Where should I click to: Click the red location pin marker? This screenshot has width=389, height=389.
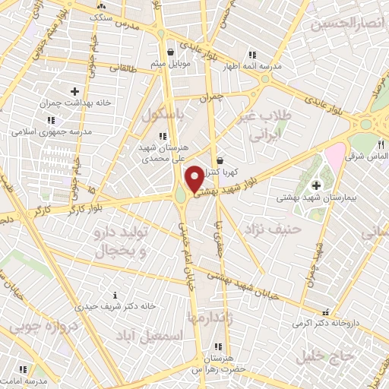[x=194, y=178]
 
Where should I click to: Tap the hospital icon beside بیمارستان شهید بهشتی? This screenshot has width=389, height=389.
[x=315, y=185]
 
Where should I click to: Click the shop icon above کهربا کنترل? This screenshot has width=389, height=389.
[x=220, y=160]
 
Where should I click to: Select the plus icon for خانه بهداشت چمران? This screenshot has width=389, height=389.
[x=74, y=91]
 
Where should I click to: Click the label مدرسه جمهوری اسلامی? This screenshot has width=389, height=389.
[x=51, y=131]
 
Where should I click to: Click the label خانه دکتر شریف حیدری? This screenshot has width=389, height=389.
[x=114, y=306]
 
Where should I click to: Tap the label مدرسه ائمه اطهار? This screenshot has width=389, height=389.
[x=254, y=66]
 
